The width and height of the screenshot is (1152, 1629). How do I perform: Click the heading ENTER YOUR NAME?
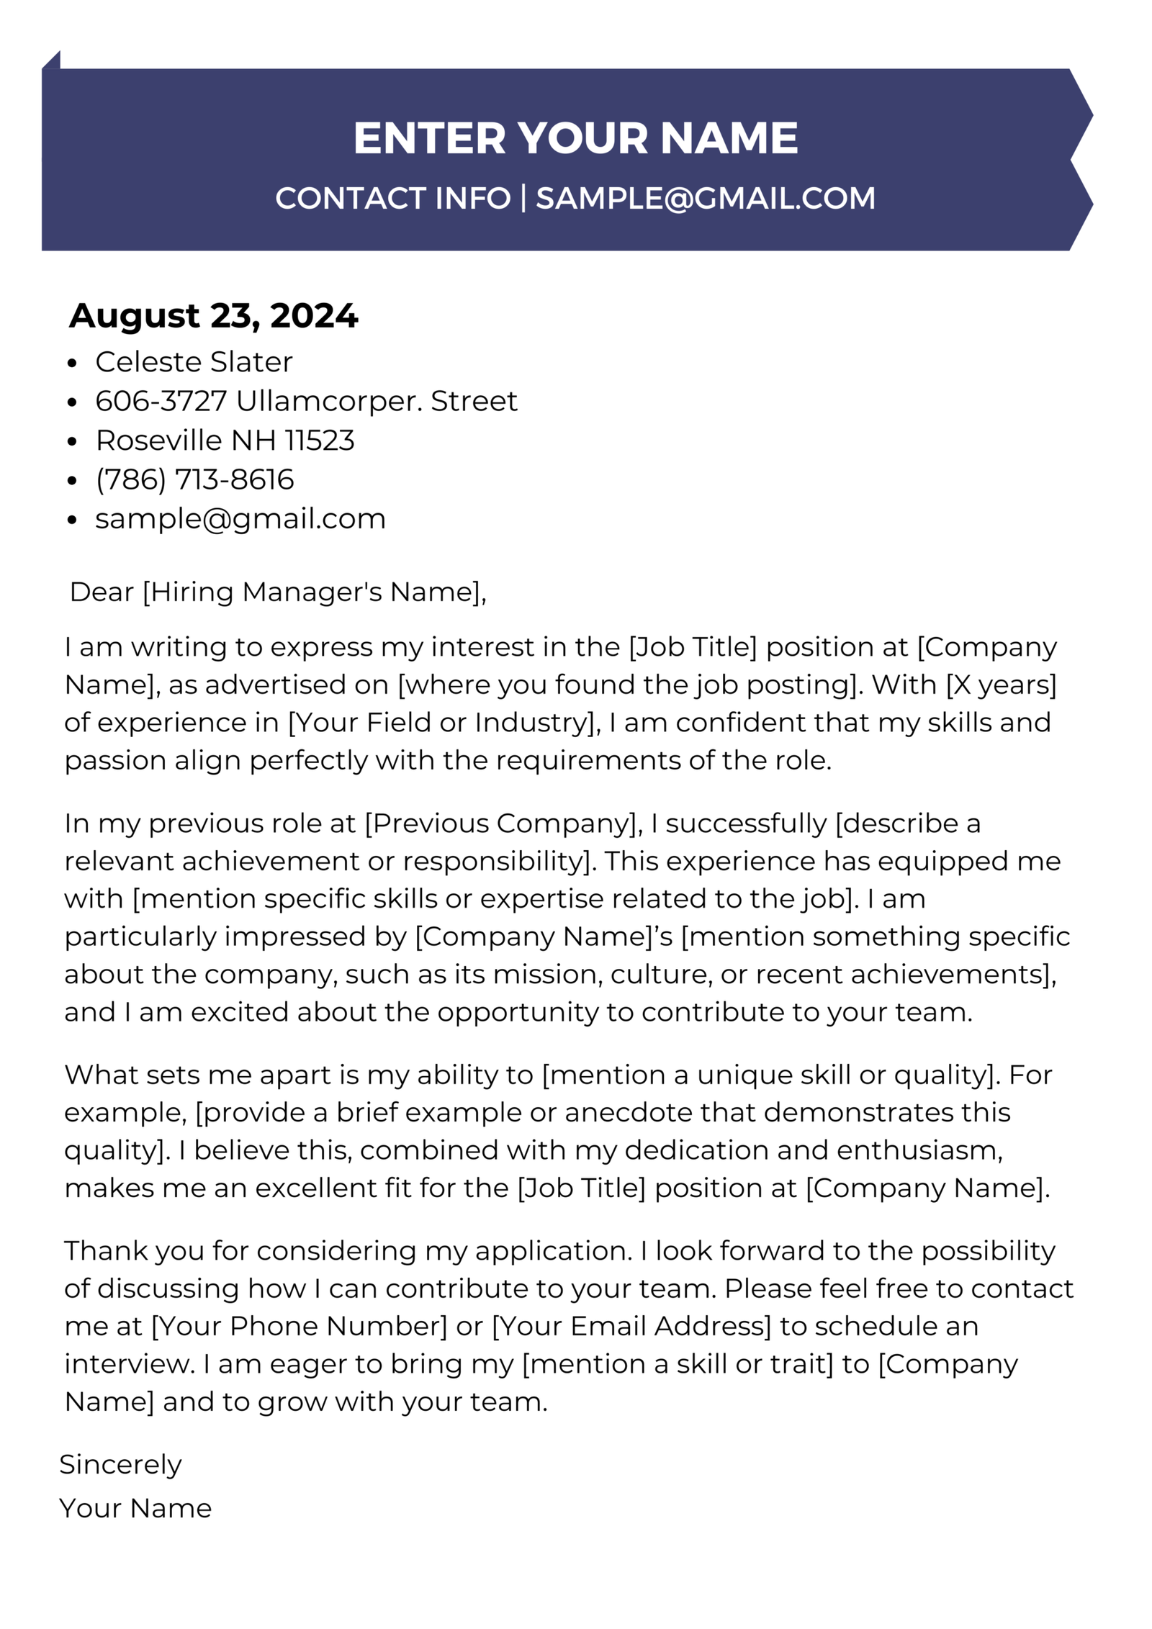[x=575, y=137]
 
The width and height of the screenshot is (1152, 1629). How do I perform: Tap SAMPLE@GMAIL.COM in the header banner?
[x=705, y=199]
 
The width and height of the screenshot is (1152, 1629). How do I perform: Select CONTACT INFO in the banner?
[x=392, y=199]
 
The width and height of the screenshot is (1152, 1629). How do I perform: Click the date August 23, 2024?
[x=213, y=315]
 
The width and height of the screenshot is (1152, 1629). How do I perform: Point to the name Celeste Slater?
[x=194, y=361]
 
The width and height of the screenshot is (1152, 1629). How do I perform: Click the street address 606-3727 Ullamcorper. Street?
[x=306, y=401]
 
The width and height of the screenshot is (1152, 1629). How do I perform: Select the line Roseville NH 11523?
[x=225, y=440]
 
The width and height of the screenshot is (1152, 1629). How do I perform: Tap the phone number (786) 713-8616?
[x=194, y=479]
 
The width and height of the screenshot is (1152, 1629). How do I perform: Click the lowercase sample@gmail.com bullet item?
[x=240, y=518]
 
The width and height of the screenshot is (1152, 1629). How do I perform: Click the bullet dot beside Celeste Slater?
[x=71, y=364]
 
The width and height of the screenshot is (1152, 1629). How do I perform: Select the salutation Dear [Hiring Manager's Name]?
[x=278, y=592]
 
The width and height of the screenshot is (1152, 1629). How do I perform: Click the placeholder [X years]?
[x=1001, y=685]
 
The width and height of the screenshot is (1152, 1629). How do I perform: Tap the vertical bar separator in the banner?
[x=523, y=198]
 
